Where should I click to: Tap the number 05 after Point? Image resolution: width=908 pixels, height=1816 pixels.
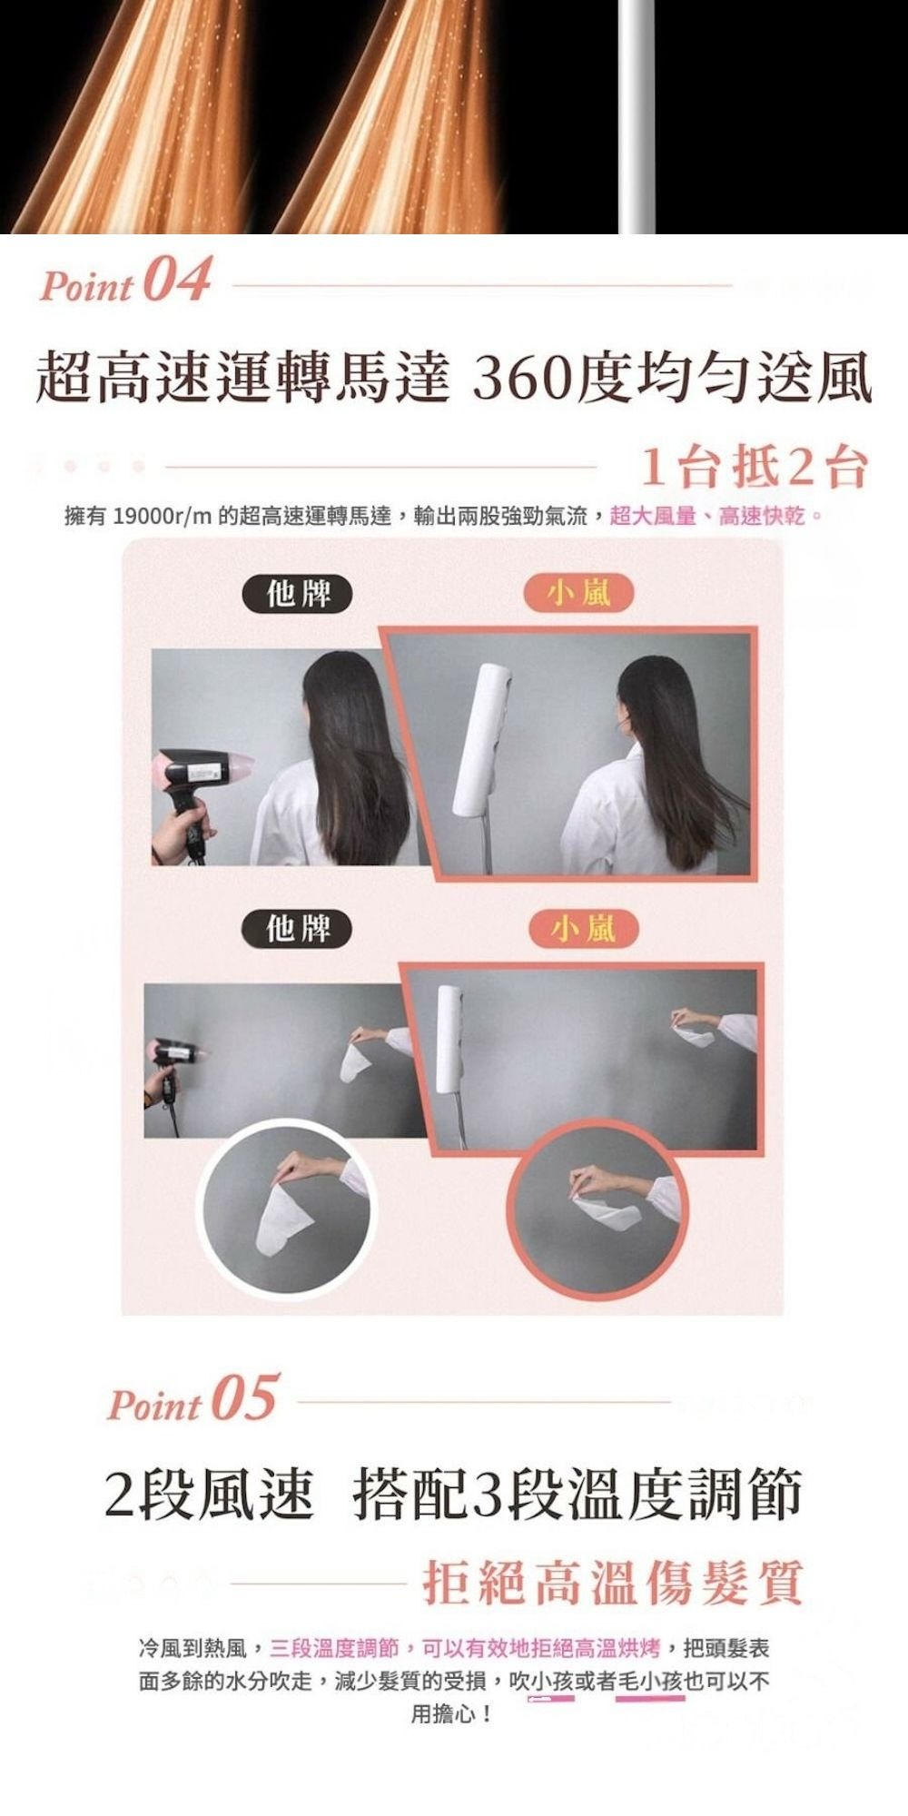tap(244, 1398)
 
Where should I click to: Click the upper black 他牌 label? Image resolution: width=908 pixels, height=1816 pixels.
tap(298, 595)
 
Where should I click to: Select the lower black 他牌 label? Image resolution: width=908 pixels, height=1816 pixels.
tap(298, 929)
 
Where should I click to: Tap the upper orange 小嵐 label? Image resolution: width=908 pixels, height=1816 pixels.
tap(578, 595)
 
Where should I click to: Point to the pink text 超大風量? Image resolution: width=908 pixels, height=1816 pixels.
tap(652, 518)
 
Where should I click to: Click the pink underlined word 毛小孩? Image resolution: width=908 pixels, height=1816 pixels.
tap(650, 1682)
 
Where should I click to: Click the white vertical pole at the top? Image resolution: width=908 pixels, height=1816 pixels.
tap(637, 116)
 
